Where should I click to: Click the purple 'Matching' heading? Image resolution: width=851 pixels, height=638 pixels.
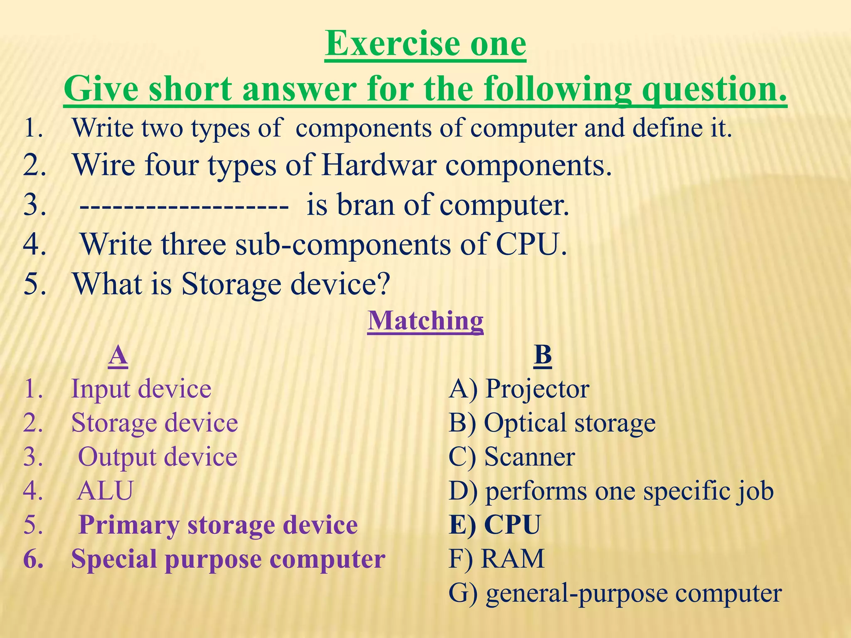point(425,321)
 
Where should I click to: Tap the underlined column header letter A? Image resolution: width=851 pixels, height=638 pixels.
point(118,356)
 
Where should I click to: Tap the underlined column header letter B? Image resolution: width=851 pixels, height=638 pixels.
point(542,356)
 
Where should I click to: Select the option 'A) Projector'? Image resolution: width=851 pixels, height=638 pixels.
point(519,389)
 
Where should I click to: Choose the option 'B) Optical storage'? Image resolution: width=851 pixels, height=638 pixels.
point(552,423)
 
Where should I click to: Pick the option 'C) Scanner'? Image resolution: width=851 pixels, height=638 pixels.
point(512,457)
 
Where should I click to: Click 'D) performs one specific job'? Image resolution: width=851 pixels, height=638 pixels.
point(611,491)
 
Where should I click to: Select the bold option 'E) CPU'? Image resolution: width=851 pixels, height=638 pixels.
point(494,525)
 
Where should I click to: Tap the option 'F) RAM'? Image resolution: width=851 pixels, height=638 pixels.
point(496,559)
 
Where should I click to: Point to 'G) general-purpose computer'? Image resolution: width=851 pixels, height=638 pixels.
point(615,593)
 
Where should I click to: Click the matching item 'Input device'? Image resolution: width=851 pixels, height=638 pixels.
point(141,389)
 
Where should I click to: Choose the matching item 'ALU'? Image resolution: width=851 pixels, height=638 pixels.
point(105,491)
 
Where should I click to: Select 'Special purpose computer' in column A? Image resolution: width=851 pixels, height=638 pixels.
point(228,559)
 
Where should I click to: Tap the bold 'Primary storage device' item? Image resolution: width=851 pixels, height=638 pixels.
point(218,525)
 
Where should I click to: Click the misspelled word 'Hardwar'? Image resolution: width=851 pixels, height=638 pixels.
point(379,165)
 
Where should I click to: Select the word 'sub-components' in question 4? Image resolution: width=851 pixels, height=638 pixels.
point(343,245)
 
